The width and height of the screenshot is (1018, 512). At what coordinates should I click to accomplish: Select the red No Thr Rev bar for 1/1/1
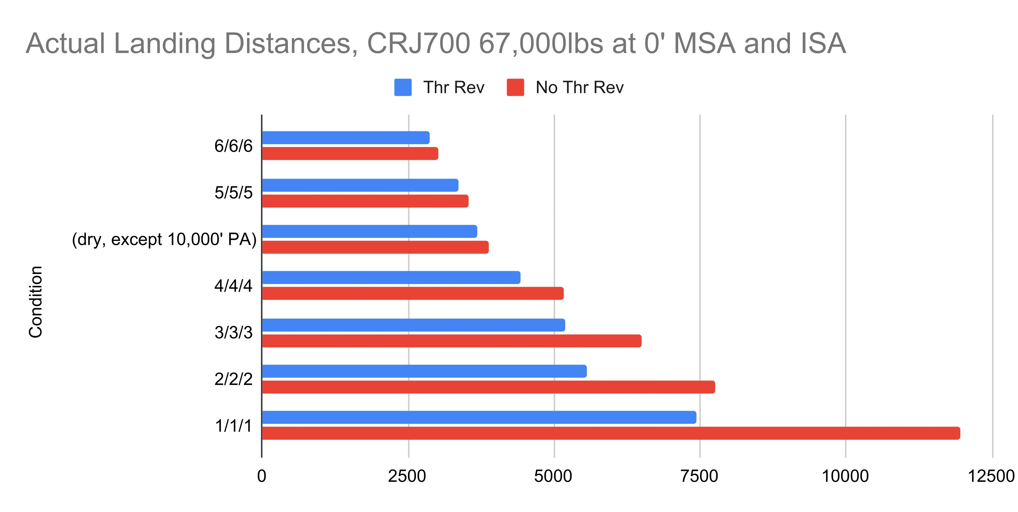pyautogui.click(x=611, y=433)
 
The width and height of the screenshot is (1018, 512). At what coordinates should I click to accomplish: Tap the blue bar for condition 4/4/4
pyautogui.click(x=391, y=277)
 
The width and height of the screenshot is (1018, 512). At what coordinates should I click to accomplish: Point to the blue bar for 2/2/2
pyautogui.click(x=424, y=371)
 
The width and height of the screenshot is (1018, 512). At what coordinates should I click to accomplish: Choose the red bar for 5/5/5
pyautogui.click(x=365, y=201)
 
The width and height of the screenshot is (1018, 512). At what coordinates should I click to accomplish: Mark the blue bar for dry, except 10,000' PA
pyautogui.click(x=369, y=231)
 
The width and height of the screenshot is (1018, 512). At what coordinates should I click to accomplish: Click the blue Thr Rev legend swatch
pyautogui.click(x=403, y=87)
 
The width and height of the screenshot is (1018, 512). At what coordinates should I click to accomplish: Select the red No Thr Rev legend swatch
pyautogui.click(x=515, y=87)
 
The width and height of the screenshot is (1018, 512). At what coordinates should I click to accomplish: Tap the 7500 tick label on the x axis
pyautogui.click(x=699, y=476)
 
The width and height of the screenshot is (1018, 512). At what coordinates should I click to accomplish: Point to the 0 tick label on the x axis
pyautogui.click(x=262, y=476)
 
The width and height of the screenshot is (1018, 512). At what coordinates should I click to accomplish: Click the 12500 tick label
pyautogui.click(x=991, y=476)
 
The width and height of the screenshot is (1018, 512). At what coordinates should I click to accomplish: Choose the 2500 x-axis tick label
pyautogui.click(x=407, y=476)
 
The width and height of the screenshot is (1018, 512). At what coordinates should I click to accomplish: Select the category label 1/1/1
pyautogui.click(x=233, y=426)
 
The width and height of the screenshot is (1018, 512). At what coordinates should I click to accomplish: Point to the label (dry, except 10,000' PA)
pyautogui.click(x=164, y=239)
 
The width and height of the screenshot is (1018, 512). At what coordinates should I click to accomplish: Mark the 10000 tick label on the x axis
pyautogui.click(x=845, y=476)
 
